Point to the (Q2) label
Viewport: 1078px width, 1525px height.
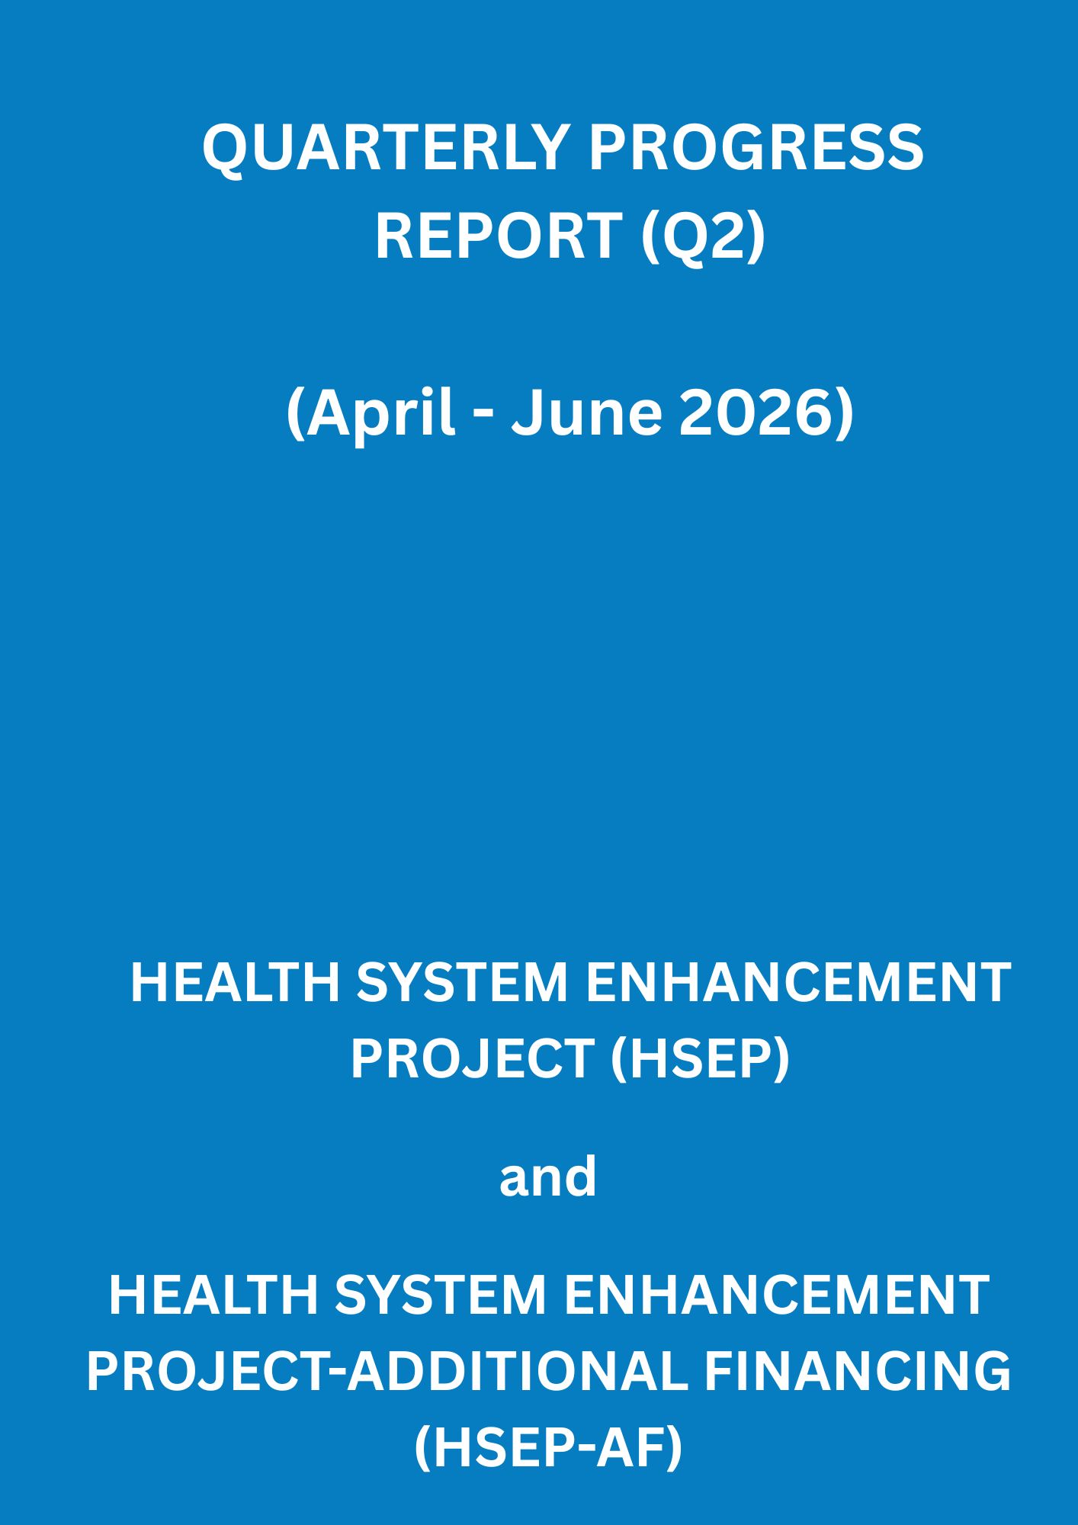click(x=702, y=236)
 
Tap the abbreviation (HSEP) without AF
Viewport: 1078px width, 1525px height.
click(x=700, y=1060)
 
